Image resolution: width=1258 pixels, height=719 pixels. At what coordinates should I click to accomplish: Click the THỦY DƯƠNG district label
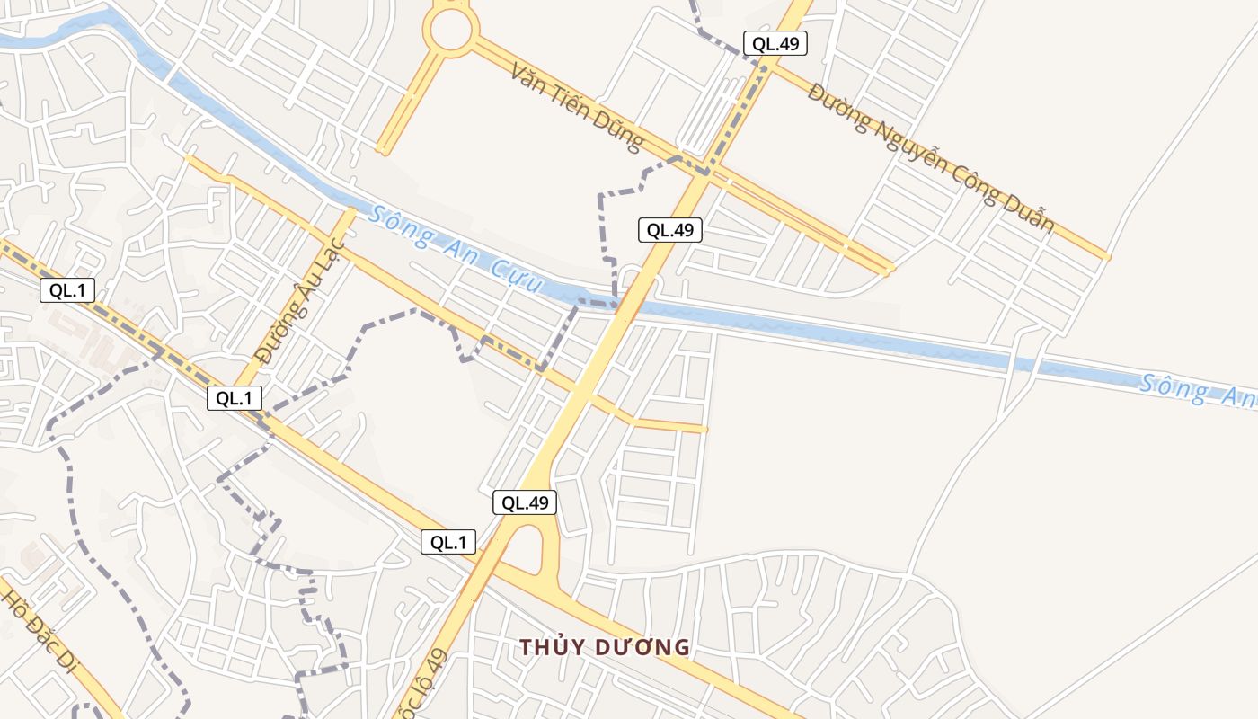(605, 647)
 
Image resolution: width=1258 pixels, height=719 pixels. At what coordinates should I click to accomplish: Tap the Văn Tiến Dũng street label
(577, 106)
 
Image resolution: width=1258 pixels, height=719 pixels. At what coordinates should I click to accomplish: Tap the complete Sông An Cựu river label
(456, 249)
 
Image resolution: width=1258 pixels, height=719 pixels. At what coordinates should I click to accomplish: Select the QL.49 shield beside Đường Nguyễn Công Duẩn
(775, 43)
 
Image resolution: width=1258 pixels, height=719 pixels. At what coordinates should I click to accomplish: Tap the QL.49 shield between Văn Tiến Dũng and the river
(669, 230)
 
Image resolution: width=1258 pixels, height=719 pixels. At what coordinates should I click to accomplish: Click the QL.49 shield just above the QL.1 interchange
(525, 502)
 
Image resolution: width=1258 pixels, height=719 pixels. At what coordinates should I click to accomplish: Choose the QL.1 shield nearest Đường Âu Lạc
(235, 397)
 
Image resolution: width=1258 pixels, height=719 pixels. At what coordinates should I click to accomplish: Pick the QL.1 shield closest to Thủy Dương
(448, 542)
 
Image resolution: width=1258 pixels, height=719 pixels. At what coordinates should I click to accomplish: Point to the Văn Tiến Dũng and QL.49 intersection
(704, 168)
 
